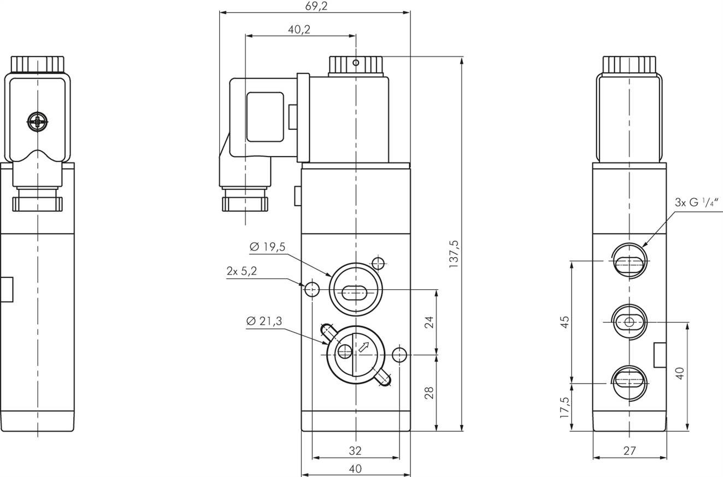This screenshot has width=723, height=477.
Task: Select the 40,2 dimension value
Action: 299,29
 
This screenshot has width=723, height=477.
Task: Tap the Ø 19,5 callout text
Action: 267,247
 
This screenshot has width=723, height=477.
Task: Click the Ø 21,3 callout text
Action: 264,321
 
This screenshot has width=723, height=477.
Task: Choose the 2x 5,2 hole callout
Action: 242,271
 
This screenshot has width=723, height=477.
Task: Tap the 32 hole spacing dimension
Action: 355,451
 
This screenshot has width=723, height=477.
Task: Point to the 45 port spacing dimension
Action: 565,322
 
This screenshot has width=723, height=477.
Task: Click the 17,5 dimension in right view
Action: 565,407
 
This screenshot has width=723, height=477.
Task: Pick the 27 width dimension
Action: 630,451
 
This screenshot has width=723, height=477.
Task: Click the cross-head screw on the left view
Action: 37,122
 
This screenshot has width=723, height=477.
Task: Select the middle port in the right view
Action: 629,323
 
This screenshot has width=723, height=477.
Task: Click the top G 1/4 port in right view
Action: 629,262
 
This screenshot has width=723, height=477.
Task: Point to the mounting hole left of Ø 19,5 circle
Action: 312,289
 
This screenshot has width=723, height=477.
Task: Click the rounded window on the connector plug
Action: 265,117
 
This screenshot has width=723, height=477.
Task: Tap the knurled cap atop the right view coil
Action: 629,64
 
